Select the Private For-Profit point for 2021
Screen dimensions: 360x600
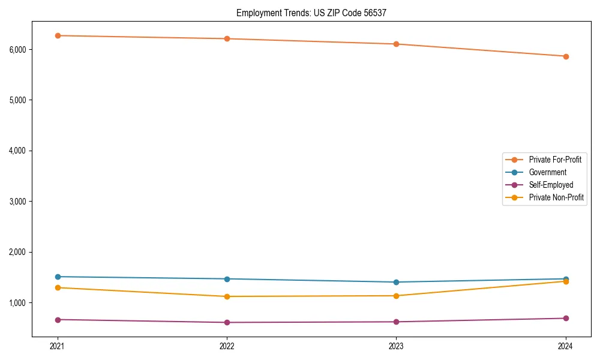[x=58, y=36]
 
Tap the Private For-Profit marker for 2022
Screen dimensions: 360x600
[x=227, y=39]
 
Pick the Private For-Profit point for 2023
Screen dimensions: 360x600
[x=397, y=44]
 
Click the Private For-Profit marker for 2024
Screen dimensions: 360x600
[x=566, y=56]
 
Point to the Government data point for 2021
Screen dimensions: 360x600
[x=58, y=277]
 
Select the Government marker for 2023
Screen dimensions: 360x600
[x=397, y=282]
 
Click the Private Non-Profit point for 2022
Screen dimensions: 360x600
[x=227, y=296]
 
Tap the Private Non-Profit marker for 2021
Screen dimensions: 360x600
[x=58, y=287]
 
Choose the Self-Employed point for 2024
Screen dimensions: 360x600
[x=566, y=318]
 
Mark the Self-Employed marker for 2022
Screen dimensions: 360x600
[x=227, y=322]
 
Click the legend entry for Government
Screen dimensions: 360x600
[x=547, y=172]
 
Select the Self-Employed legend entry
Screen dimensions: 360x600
[x=551, y=185]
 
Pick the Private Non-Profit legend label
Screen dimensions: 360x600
[x=556, y=197]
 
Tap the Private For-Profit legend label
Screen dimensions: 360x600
[x=555, y=160]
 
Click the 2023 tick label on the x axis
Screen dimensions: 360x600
[x=397, y=346]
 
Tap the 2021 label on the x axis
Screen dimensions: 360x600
[x=58, y=346]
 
